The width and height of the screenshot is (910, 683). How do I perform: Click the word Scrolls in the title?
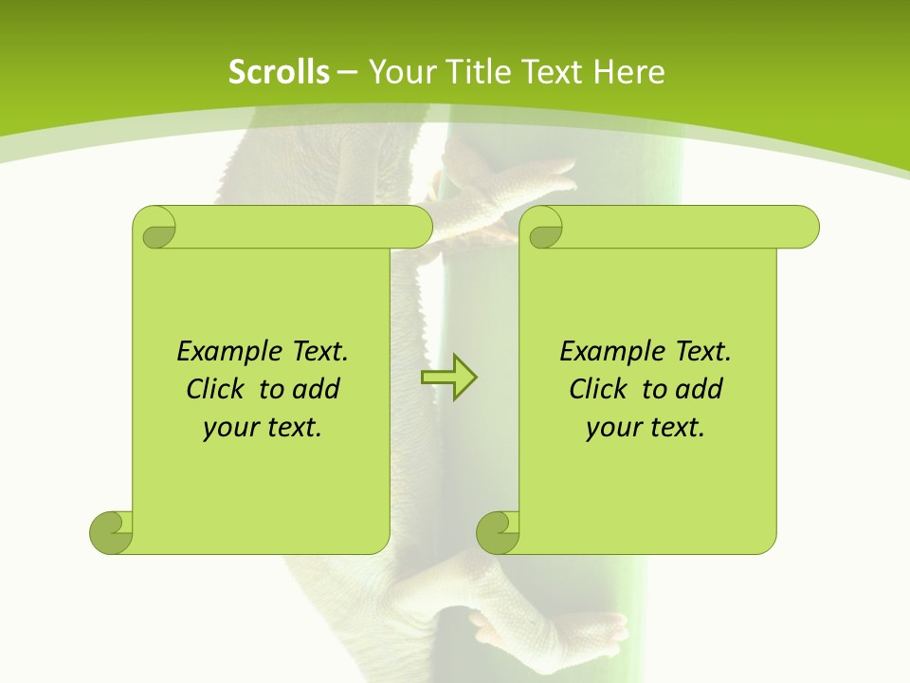tap(279, 71)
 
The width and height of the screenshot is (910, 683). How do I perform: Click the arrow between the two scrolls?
tap(448, 378)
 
